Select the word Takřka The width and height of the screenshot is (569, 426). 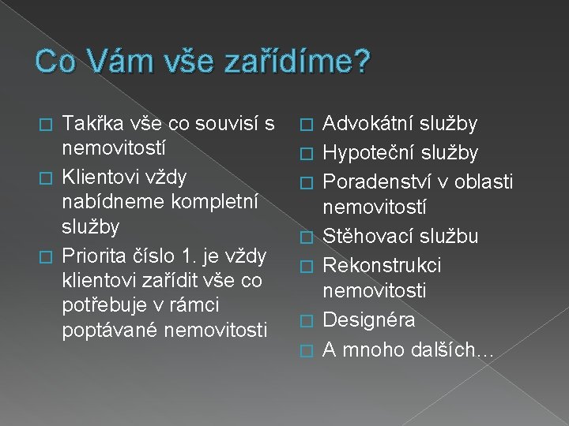(90, 124)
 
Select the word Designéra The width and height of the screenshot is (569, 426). (369, 319)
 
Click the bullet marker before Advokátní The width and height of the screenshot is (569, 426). (311, 125)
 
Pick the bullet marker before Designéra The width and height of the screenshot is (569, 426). (311, 320)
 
